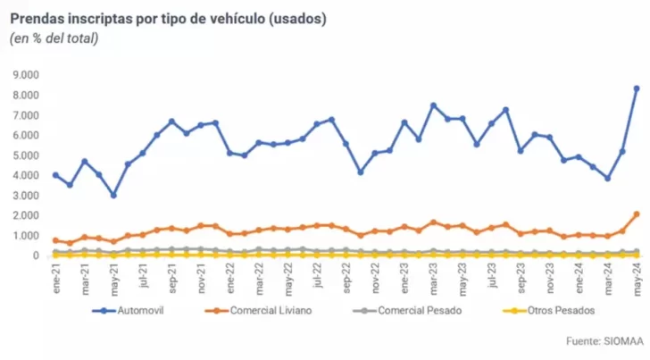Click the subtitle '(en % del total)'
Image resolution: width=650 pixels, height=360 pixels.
54,38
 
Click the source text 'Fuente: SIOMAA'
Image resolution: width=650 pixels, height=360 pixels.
601,340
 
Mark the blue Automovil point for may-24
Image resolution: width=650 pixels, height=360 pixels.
636,88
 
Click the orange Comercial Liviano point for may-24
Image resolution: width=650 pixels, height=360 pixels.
636,214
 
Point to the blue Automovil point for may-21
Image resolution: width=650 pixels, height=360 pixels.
113,195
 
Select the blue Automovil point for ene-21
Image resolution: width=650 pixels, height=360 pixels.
55,175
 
